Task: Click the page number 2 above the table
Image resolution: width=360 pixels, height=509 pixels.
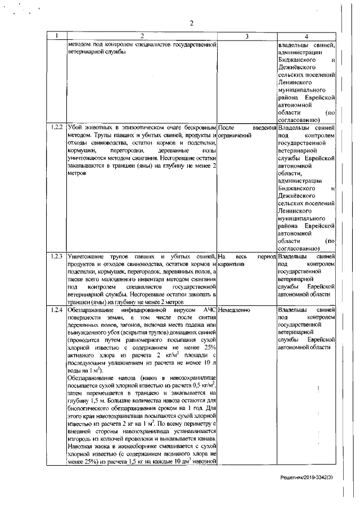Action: [191, 23]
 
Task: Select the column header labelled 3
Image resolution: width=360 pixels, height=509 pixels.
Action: [247, 37]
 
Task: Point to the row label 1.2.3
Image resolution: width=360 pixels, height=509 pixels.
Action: [56, 256]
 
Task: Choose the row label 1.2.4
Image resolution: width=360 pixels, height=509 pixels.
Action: [56, 310]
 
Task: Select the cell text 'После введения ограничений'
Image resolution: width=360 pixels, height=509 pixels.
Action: [246, 132]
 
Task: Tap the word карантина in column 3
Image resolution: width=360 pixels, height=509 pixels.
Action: [231, 264]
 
